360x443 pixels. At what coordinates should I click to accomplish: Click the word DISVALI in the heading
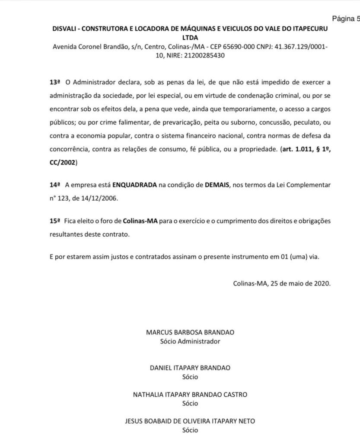pyautogui.click(x=66, y=29)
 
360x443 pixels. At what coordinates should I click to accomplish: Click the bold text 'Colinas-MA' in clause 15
pyautogui.click(x=140, y=221)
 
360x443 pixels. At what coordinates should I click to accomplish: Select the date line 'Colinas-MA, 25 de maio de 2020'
pyautogui.click(x=282, y=284)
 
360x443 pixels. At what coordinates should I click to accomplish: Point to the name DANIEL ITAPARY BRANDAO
pyautogui.click(x=190, y=368)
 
